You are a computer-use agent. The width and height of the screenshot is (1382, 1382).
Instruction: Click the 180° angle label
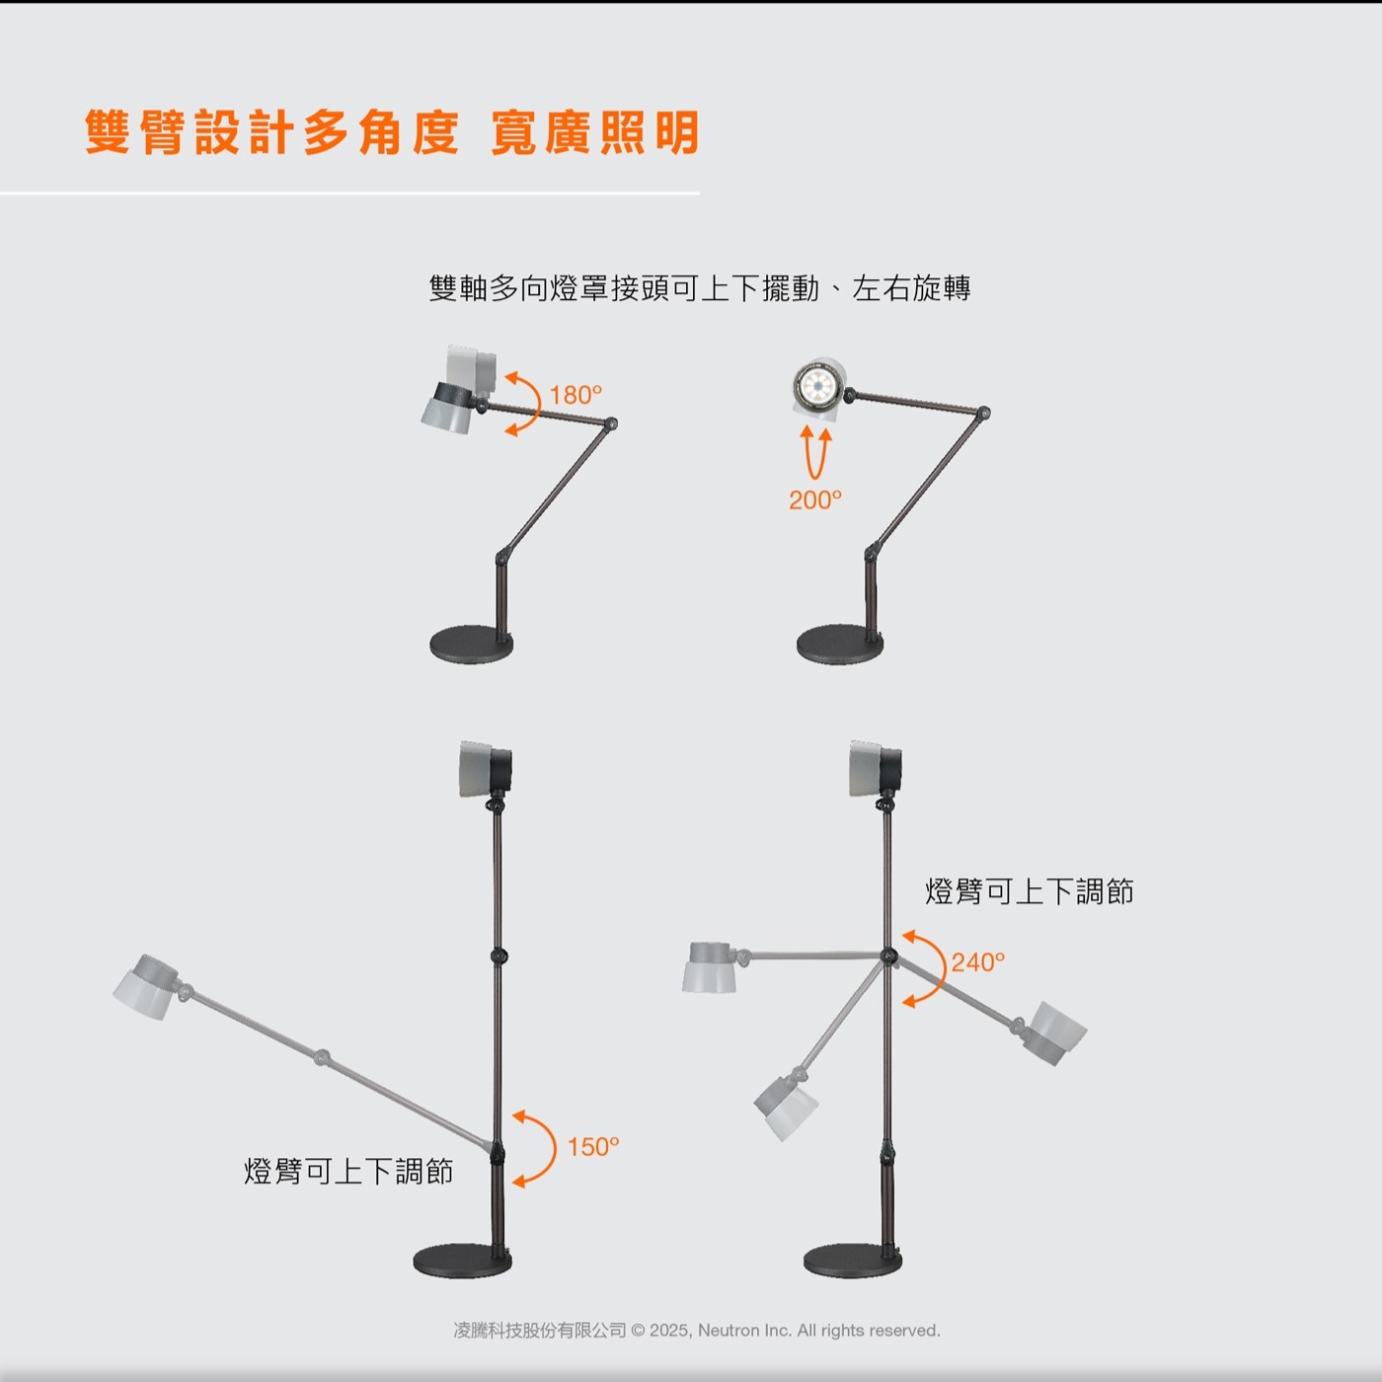point(576,395)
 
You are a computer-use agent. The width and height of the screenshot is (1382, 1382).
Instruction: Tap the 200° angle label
point(814,499)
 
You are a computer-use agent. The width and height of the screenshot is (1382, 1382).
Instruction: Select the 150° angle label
point(593,1147)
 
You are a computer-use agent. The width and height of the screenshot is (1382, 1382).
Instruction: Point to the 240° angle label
point(978,962)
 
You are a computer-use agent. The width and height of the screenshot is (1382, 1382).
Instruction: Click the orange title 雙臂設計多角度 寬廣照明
point(392,132)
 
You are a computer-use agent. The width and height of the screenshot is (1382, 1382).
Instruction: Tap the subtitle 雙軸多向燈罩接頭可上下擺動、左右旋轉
point(699,288)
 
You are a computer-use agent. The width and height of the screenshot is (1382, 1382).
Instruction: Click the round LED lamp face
point(818,387)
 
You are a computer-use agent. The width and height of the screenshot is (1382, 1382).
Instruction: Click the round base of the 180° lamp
point(472,644)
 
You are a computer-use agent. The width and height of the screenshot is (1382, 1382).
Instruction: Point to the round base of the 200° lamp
point(840,644)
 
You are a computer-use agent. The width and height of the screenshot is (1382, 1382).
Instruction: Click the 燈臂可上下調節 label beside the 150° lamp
point(348,1171)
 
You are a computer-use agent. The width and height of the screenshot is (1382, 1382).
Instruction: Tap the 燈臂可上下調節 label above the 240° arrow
point(1030,891)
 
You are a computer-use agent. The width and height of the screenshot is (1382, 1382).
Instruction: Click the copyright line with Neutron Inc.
point(696,1331)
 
